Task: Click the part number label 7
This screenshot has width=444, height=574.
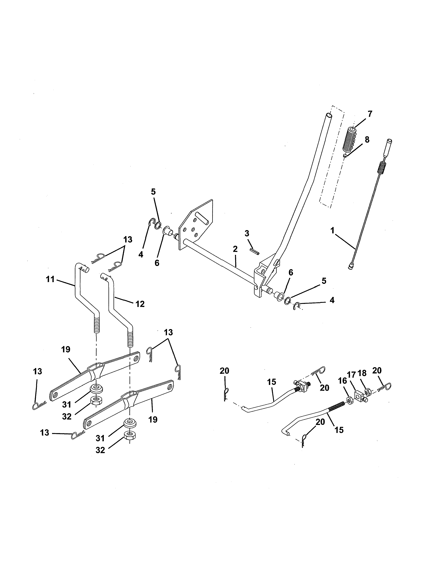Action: point(370,114)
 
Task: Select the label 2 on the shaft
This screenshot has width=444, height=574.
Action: point(235,249)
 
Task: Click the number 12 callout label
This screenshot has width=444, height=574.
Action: point(140,304)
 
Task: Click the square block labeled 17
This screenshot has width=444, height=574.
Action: point(360,395)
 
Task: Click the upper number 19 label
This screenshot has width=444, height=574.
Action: point(66,350)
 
